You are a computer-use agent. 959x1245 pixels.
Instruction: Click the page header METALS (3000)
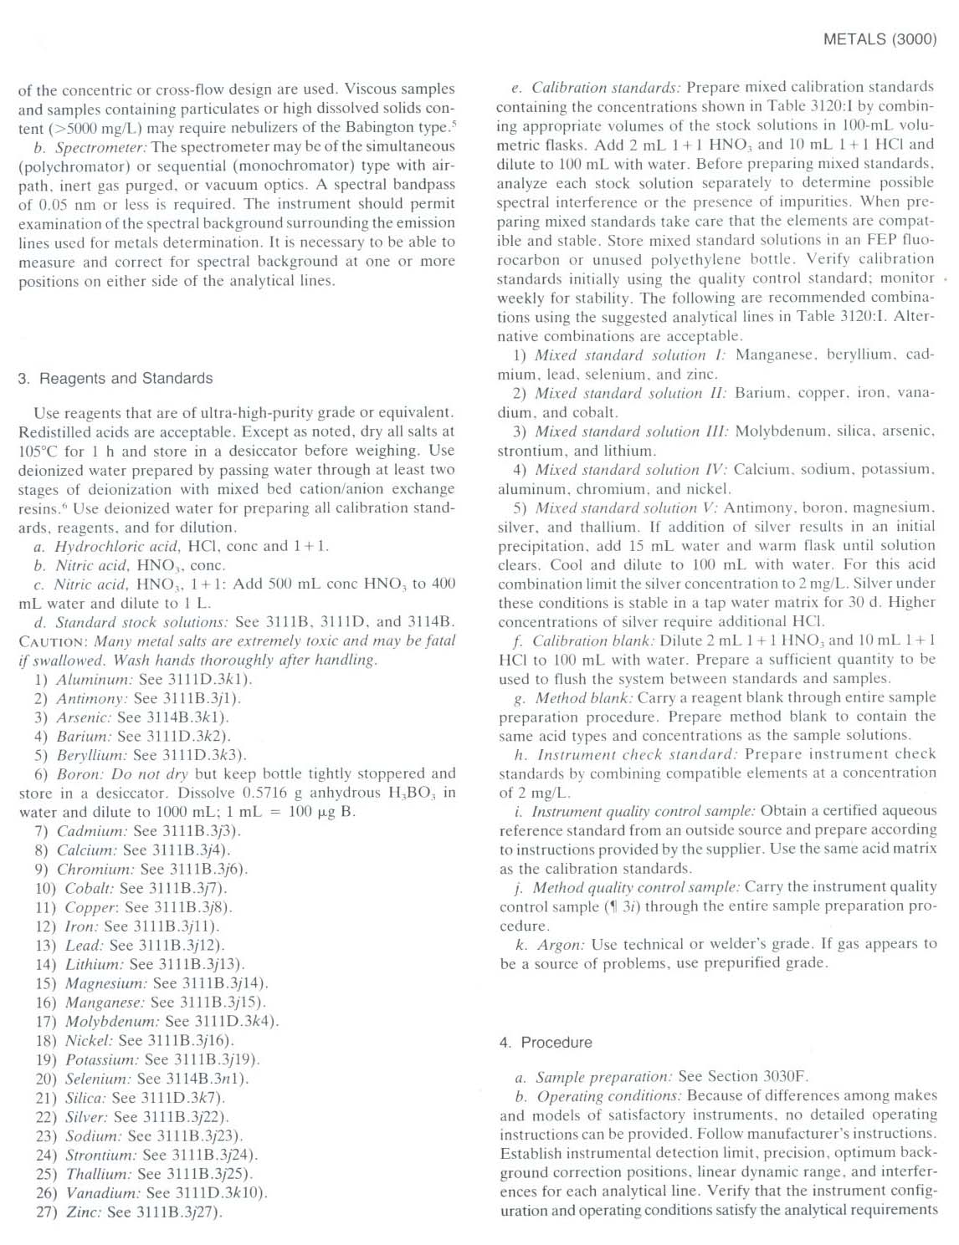[x=880, y=39]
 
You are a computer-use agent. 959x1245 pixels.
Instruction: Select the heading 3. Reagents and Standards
[x=115, y=378]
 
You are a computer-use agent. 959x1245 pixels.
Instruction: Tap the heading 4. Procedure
[x=546, y=1042]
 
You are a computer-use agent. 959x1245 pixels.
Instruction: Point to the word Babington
[x=382, y=128]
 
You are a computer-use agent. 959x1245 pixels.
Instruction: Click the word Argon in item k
[x=561, y=945]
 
